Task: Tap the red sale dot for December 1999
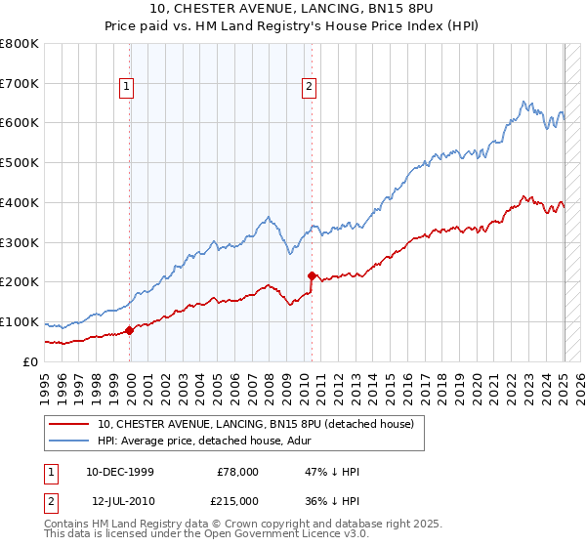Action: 130,330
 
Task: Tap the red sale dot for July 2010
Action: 312,275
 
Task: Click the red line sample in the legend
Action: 68,424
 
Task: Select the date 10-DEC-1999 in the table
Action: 120,472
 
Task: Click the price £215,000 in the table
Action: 237,500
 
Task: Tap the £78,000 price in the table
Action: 237,472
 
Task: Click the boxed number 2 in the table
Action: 52,500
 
